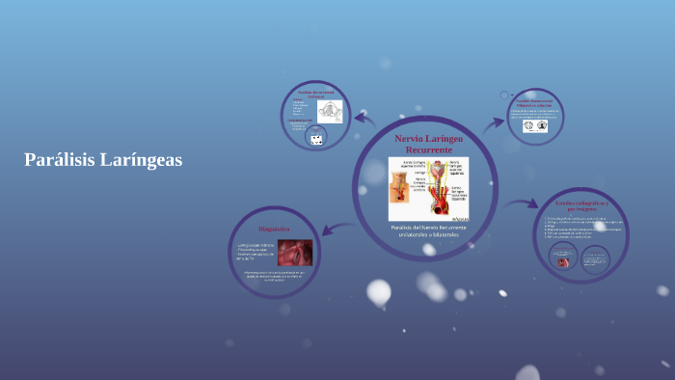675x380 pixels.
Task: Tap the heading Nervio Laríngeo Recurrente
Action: [x=429, y=145]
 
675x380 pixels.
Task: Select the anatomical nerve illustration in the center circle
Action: [x=428, y=189]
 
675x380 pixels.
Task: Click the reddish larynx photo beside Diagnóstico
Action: [x=294, y=253]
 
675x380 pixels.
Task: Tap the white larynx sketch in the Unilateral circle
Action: [x=331, y=111]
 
